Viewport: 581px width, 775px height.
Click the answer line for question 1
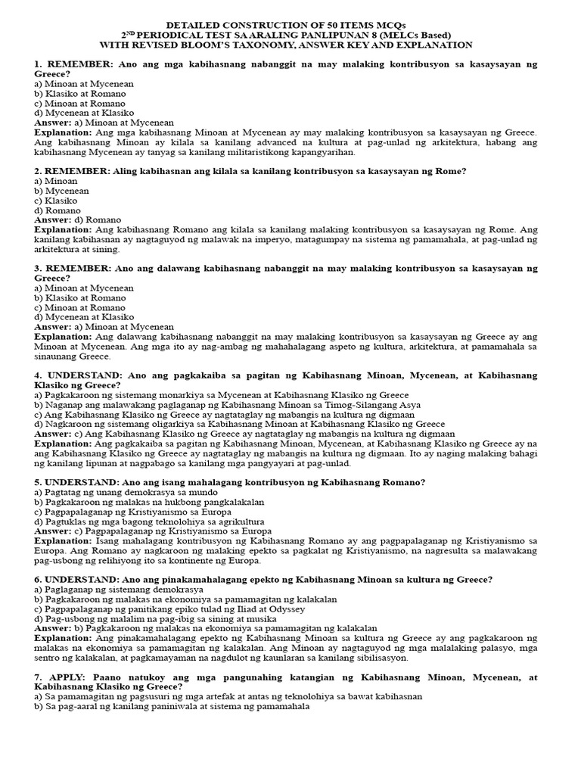(x=104, y=123)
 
